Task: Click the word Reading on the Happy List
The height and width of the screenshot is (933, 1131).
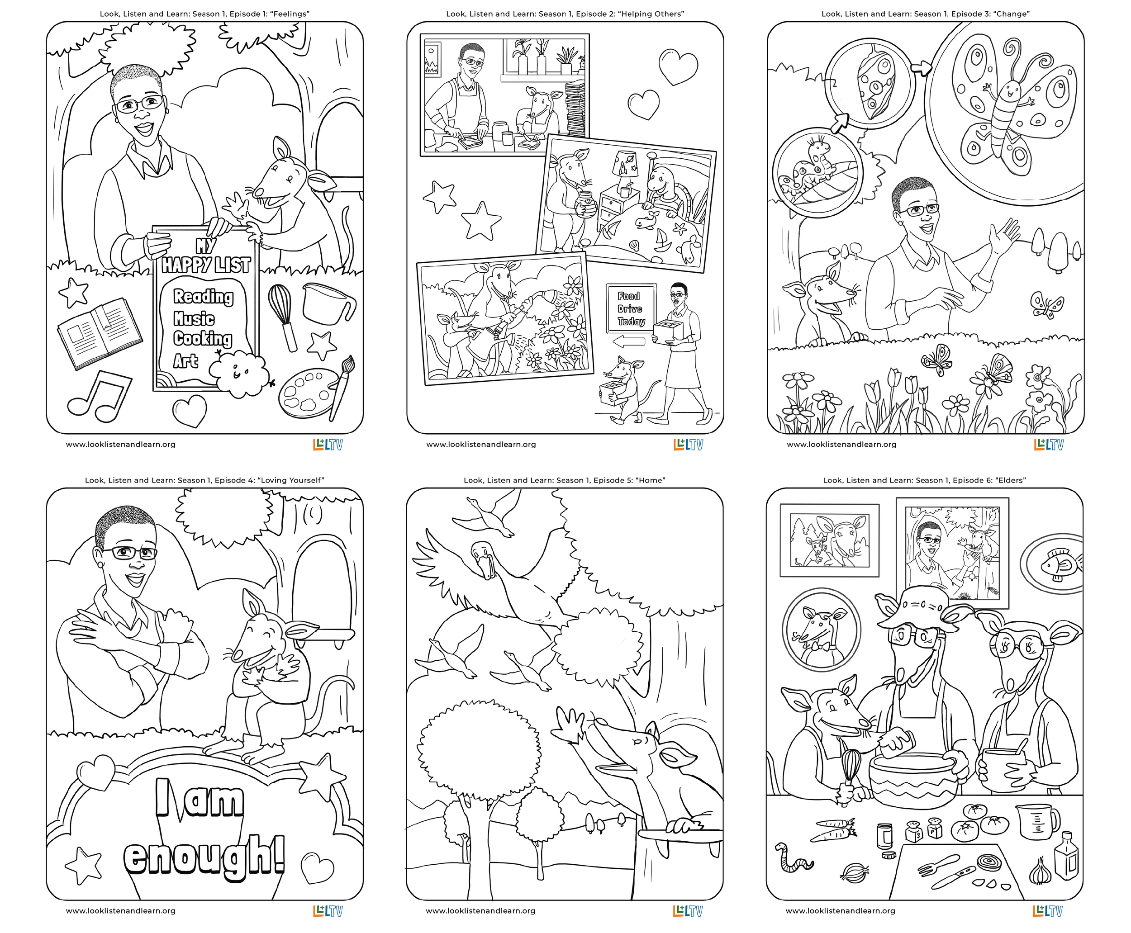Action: coord(203,297)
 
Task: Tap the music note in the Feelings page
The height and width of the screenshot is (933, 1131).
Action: coord(100,396)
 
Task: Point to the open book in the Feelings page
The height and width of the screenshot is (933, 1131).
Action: coord(100,333)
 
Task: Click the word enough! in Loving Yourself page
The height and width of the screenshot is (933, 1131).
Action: coord(204,855)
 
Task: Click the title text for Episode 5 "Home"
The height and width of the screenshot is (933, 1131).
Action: coord(565,480)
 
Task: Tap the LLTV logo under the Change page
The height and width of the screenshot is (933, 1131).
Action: coord(1048,445)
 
